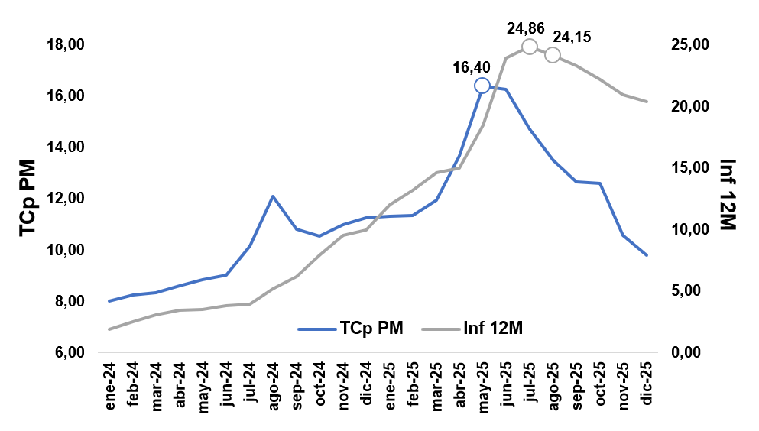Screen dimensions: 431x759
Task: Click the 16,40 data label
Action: [x=472, y=67]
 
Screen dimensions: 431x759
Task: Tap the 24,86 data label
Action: [x=526, y=29]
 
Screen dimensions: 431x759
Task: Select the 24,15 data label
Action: [x=572, y=37]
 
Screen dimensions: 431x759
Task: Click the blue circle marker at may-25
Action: [x=482, y=86]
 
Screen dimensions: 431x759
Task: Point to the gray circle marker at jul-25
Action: [x=529, y=47]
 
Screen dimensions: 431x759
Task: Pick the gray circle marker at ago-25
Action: [x=553, y=55]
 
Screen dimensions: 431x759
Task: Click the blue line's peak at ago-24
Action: [x=273, y=196]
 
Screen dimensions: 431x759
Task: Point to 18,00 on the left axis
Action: [x=66, y=45]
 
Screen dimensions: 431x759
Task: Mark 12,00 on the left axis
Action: [x=66, y=199]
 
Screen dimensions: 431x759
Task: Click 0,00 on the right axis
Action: [x=683, y=353]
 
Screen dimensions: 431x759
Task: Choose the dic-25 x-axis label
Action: [x=647, y=387]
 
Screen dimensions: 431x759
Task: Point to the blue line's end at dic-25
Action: [x=647, y=255]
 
